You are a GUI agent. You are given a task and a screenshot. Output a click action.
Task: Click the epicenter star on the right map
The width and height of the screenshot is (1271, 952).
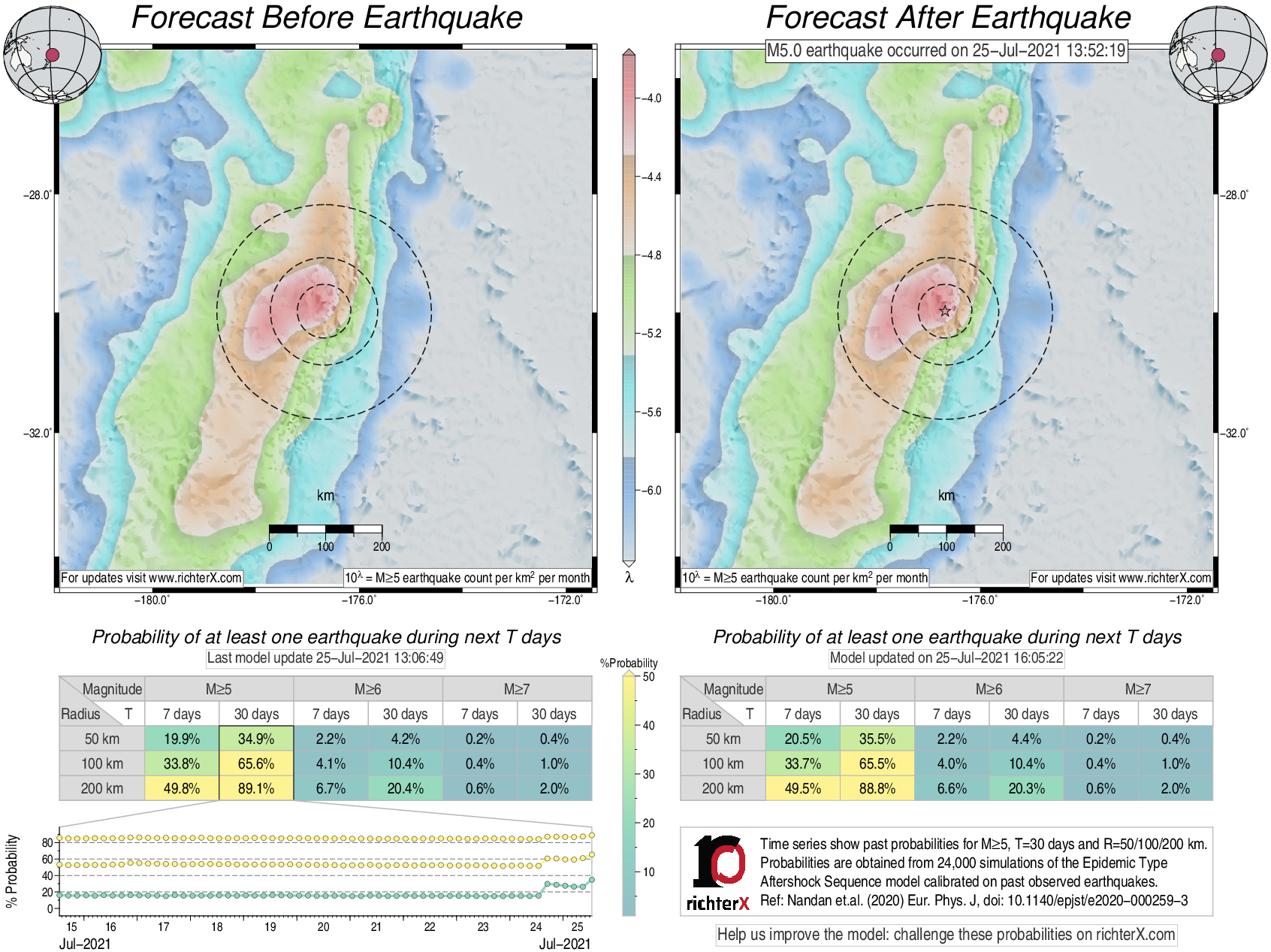point(945,311)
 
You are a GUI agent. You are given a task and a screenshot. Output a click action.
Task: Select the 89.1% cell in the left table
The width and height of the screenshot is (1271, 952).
point(256,788)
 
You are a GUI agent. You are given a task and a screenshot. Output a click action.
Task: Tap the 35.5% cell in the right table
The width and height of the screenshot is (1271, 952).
point(877,739)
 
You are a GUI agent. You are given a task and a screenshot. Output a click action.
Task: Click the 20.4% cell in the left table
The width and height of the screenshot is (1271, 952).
point(405,788)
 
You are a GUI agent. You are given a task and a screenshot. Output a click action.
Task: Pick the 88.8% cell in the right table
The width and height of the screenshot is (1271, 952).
point(877,788)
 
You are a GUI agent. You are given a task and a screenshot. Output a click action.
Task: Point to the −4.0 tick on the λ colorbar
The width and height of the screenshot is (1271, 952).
point(651,98)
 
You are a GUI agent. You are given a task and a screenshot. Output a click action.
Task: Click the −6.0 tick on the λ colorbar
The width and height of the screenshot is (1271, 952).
point(651,491)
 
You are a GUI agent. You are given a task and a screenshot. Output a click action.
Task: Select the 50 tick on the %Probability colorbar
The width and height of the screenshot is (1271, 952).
point(648,676)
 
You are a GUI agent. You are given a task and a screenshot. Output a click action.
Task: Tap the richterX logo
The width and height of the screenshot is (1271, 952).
point(718,872)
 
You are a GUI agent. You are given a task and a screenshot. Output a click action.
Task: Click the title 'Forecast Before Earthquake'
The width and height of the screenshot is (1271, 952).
point(327,18)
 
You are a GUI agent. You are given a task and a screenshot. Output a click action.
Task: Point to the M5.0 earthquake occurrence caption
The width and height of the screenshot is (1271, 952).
point(946,50)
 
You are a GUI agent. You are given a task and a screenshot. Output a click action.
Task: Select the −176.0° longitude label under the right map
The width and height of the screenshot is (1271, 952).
point(980,600)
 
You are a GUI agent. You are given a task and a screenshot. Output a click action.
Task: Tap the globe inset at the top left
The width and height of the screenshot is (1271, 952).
point(52,54)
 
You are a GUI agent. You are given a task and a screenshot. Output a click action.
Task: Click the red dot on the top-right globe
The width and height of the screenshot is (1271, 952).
point(1218,55)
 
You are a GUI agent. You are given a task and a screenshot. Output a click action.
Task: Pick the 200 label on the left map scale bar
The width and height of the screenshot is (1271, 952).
point(382,546)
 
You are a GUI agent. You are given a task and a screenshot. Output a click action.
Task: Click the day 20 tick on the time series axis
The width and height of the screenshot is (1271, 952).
point(323,926)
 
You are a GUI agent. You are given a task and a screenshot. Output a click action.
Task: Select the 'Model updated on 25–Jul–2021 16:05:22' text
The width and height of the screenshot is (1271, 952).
point(946,657)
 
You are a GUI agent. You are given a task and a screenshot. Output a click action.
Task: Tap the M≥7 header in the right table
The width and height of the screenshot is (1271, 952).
point(1137,689)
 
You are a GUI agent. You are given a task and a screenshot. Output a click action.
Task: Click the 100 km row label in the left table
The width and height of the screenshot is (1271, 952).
point(102,763)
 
